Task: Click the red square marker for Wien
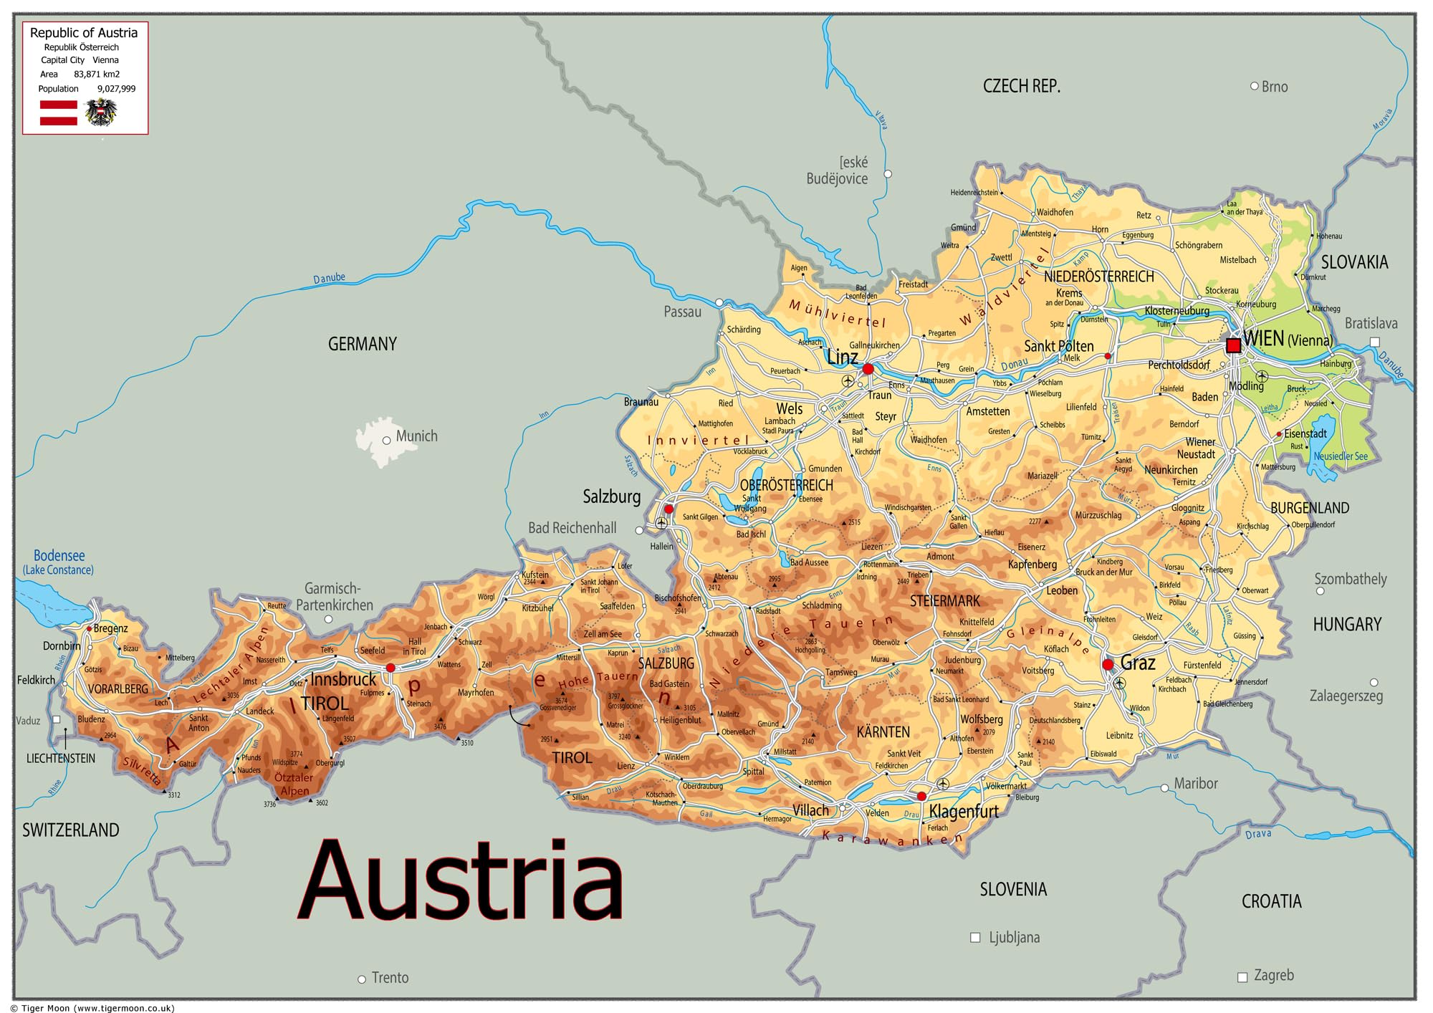click(1233, 345)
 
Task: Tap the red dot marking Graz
click(1108, 665)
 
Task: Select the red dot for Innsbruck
click(390, 668)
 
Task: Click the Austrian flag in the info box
click(58, 113)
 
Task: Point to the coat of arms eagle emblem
click(100, 112)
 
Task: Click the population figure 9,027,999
click(116, 89)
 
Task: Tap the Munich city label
click(416, 436)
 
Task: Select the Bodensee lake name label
click(59, 556)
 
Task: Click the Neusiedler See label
click(1340, 456)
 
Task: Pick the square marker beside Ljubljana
click(974, 937)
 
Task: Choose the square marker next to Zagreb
click(1242, 977)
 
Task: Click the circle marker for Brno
click(1254, 86)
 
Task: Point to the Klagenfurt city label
click(964, 812)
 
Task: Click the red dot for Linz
click(868, 369)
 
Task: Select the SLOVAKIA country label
click(1354, 262)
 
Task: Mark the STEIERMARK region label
click(944, 601)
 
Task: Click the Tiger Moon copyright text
click(93, 1008)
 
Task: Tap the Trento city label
click(390, 978)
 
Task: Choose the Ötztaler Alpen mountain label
click(294, 784)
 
